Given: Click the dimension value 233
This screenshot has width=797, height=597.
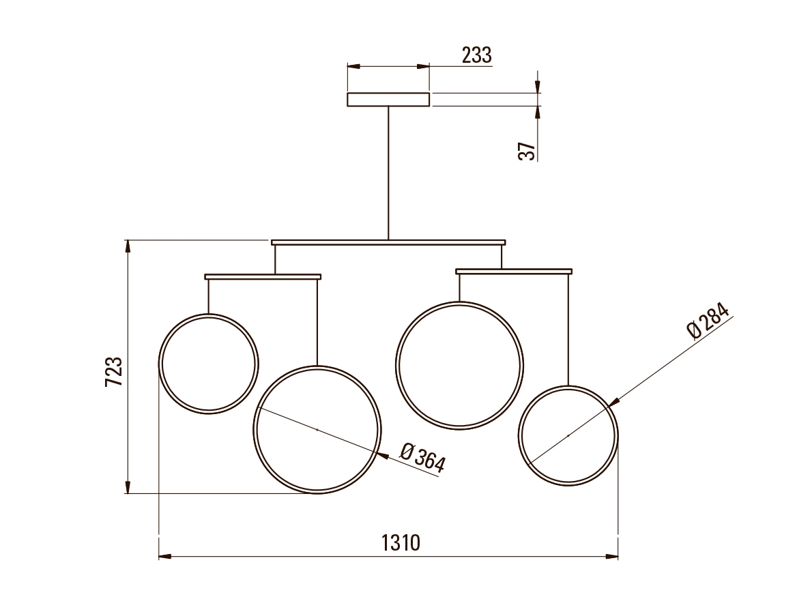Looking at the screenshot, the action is [477, 55].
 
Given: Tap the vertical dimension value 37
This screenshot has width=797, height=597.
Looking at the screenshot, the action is [527, 151].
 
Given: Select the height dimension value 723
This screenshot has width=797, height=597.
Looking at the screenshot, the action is [114, 371].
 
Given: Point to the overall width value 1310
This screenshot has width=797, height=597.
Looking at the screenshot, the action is [401, 542].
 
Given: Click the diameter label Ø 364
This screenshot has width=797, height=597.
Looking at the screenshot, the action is [422, 457].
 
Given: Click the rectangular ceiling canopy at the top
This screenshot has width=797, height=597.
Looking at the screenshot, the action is [388, 100].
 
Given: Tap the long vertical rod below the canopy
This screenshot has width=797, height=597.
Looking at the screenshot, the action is [388, 173].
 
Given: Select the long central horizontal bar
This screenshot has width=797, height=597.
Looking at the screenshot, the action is [388, 242].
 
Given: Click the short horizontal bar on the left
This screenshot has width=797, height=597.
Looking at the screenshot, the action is [263, 276].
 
